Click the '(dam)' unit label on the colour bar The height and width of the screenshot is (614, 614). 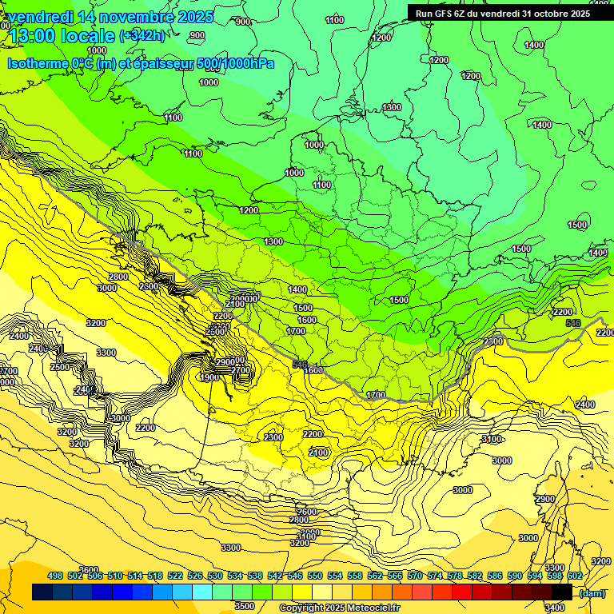coord(591,592)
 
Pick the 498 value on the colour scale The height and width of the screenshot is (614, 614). coord(55,576)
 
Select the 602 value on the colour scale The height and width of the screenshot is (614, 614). coord(574,576)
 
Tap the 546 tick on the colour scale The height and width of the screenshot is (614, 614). coord(294,576)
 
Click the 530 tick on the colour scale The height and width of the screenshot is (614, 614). coord(215,576)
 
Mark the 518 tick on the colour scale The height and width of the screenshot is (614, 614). coord(155,576)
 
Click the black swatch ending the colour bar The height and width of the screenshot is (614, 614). coord(562,592)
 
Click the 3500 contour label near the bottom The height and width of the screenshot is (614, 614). coord(245,606)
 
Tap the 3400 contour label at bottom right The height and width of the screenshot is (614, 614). coord(552,608)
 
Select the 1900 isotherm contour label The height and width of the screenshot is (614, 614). coord(209,377)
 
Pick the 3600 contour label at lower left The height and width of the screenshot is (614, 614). coord(89,569)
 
